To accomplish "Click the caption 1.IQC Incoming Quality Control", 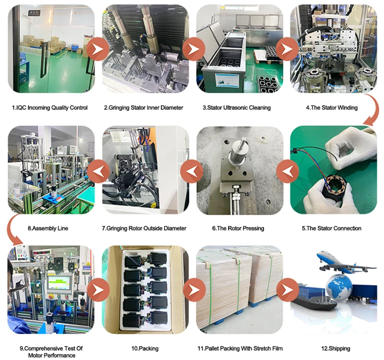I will (x=49, y=108).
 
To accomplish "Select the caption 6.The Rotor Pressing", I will (x=238, y=228).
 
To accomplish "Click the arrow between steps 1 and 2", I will (x=97, y=49).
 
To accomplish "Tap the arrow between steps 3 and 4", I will (x=288, y=49).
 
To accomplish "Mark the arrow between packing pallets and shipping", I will (x=288, y=290).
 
